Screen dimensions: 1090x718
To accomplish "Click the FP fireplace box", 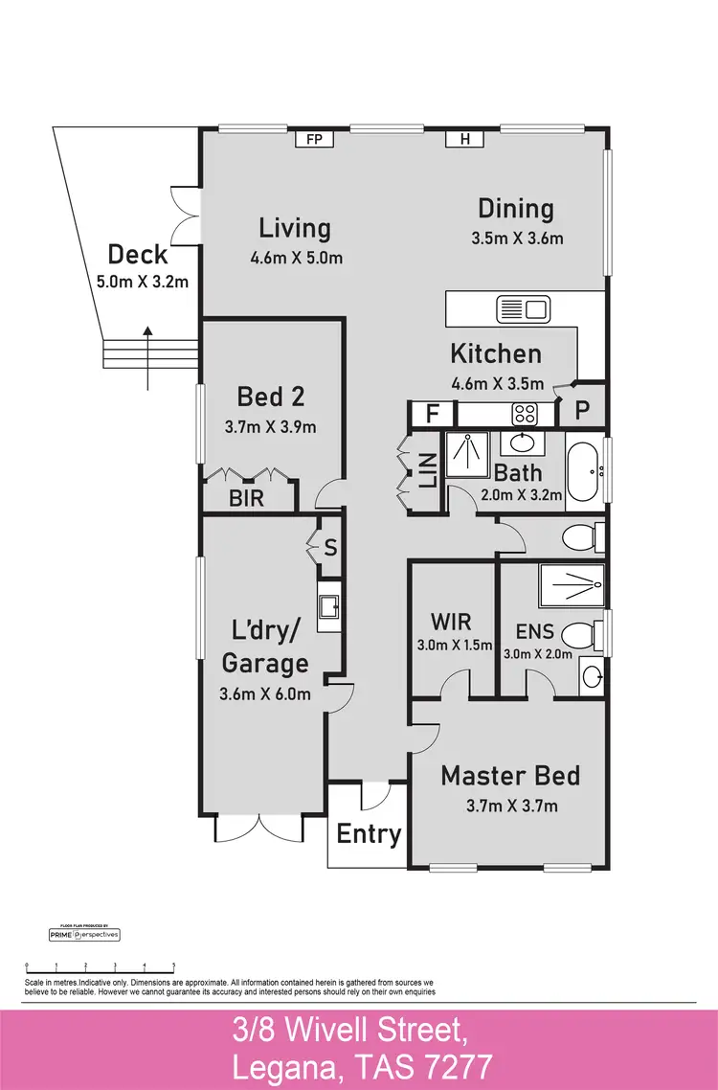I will (312, 140).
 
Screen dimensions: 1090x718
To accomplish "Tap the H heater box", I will (465, 140).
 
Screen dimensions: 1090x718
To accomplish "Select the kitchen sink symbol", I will (522, 309).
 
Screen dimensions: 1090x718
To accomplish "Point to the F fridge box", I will (430, 415).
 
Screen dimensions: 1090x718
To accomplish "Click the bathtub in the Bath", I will (583, 470).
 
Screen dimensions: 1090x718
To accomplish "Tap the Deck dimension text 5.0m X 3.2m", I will (142, 282).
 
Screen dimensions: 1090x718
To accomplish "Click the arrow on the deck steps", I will (147, 356).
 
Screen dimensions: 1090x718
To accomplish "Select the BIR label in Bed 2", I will (246, 499).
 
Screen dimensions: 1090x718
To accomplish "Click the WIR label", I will (451, 621).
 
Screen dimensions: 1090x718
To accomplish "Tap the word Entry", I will (369, 834).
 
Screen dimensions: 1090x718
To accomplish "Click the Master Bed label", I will (509, 776).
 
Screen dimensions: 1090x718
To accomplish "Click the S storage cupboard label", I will (330, 548).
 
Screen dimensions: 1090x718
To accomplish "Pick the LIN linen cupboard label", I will (428, 471).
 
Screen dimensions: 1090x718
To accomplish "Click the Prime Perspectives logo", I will (84, 934).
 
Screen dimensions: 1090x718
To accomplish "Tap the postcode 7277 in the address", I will (457, 1065).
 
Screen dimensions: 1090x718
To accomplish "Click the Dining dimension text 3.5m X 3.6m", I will (517, 238).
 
